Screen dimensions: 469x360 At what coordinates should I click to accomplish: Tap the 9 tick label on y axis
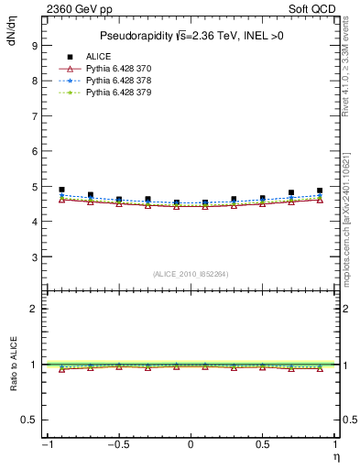pyautogui.click(x=34, y=46)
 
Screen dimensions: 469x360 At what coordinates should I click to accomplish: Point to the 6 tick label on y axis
pyautogui.click(x=34, y=151)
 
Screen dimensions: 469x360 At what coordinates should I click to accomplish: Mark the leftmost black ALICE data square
pyautogui.click(x=61, y=190)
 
